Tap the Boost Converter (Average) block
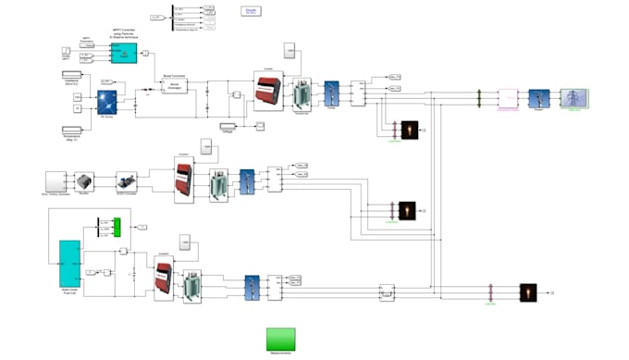[x=175, y=85]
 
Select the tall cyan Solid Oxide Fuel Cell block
[x=69, y=263]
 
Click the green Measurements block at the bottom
[x=281, y=339]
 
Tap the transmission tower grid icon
[x=573, y=99]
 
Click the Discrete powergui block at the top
[x=251, y=11]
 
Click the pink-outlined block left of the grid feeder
[x=509, y=99]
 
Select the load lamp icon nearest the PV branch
[x=409, y=130]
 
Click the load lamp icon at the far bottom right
[x=528, y=292]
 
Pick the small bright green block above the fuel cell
[x=117, y=227]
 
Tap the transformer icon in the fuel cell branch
[x=192, y=282]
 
